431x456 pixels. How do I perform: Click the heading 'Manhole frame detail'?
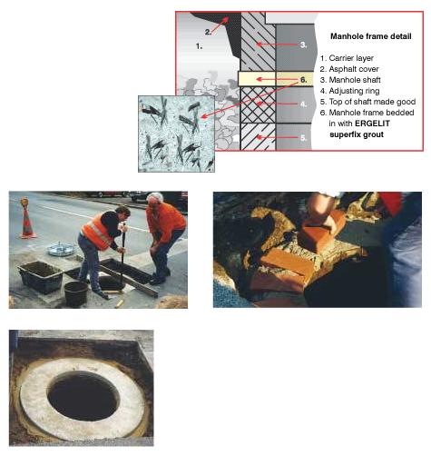pos(371,36)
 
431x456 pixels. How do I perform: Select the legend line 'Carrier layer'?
pos(347,58)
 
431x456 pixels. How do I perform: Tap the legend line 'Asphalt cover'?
pos(349,69)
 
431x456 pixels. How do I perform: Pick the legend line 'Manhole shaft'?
pos(350,80)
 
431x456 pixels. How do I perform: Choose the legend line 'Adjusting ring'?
pos(350,91)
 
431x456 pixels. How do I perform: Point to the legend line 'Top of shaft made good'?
pos(367,102)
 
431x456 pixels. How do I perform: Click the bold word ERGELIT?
pos(372,124)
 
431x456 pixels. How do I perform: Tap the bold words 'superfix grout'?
pos(357,134)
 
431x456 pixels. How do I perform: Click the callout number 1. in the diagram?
pos(199,46)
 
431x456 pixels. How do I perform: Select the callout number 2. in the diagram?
pos(208,32)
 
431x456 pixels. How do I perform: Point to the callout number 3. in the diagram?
pos(303,45)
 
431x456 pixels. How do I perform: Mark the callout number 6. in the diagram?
pos(303,80)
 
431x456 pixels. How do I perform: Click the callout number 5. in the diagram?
pos(304,138)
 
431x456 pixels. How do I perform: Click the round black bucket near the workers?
pos(76,293)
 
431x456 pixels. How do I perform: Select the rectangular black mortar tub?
pos(41,277)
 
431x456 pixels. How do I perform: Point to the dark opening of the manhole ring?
pos(83,396)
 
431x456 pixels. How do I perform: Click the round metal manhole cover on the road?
pos(62,249)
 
